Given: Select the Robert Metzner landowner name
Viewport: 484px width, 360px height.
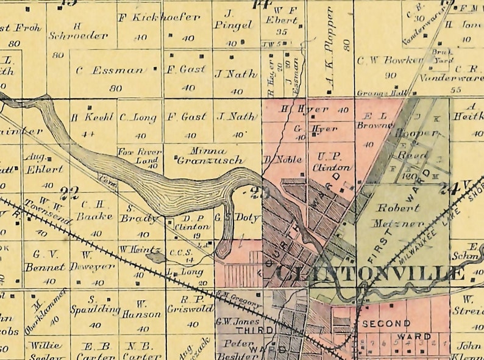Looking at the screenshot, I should click(x=399, y=215).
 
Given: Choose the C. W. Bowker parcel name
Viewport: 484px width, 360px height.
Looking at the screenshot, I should click(x=390, y=60).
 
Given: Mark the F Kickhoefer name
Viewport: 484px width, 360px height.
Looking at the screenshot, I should click(x=158, y=17).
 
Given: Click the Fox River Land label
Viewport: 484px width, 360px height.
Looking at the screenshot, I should click(x=140, y=155).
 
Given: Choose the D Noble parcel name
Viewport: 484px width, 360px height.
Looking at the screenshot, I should click(x=274, y=160).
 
